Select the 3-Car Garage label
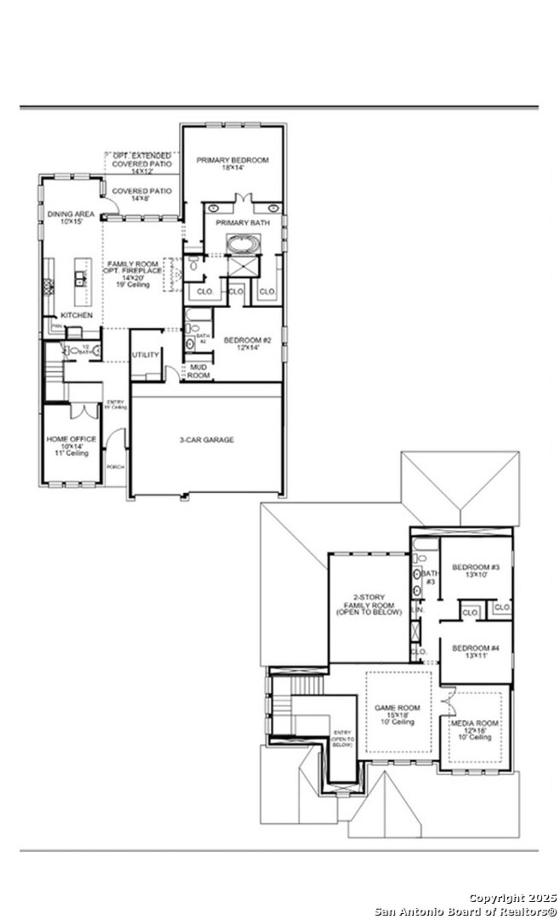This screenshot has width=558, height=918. pyautogui.click(x=207, y=440)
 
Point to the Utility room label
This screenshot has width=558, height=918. pyautogui.click(x=145, y=355)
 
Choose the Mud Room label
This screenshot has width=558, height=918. pyautogui.click(x=198, y=371)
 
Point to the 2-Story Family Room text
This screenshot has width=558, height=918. pyautogui.click(x=369, y=605)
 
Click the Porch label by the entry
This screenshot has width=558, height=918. pyautogui.click(x=116, y=467)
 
